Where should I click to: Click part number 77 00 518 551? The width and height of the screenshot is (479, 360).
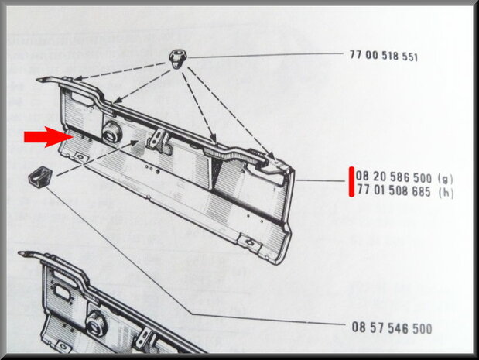384,56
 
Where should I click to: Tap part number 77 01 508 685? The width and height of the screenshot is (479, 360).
394,191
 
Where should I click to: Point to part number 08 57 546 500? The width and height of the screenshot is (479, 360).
392,328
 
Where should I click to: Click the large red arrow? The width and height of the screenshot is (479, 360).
49,137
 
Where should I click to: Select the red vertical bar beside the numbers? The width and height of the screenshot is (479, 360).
351,182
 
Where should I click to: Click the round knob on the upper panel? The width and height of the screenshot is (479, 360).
111,132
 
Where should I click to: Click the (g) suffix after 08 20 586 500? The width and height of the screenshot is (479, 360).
446,179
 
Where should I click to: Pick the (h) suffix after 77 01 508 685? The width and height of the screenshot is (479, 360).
446,193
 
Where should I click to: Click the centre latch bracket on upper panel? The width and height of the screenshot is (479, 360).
159,140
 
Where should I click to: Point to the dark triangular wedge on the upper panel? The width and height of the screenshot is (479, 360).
217,172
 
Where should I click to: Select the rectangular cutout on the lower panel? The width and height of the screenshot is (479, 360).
63,290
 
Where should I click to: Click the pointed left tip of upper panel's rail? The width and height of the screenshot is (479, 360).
37,80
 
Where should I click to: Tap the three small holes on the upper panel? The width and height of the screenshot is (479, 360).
152,170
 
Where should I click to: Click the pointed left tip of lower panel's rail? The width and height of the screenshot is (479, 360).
19,253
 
